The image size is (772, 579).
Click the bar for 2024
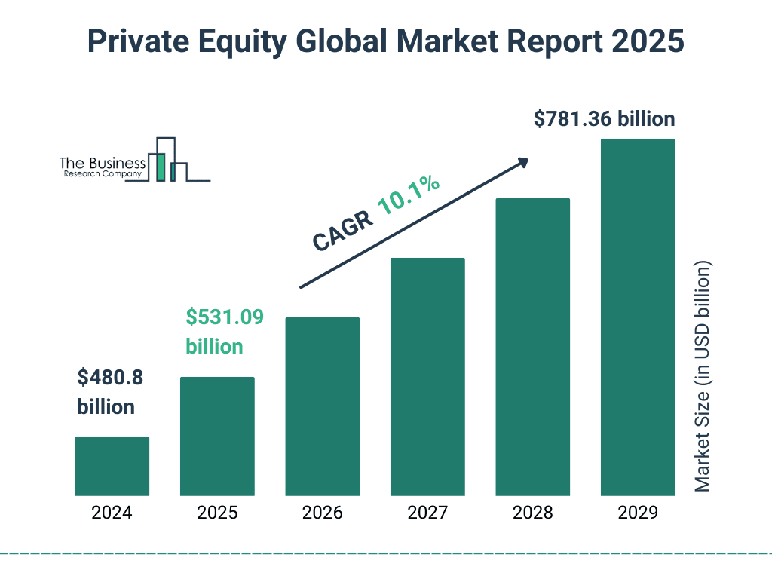pyautogui.click(x=112, y=466)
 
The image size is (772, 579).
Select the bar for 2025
pyautogui.click(x=217, y=436)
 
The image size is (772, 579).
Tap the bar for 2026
pyautogui.click(x=322, y=406)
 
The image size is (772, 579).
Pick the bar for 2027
pyautogui.click(x=427, y=377)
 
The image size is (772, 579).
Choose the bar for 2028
pyautogui.click(x=532, y=347)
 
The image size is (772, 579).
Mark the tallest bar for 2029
pyautogui.click(x=638, y=317)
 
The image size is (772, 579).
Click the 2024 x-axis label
pyautogui.click(x=112, y=513)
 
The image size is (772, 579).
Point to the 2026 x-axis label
pyautogui.click(x=322, y=513)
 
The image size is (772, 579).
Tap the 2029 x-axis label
pyautogui.click(x=638, y=513)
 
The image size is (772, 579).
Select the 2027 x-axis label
pyautogui.click(x=427, y=513)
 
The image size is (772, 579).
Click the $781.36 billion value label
pyautogui.click(x=604, y=119)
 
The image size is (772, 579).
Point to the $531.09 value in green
pyautogui.click(x=225, y=317)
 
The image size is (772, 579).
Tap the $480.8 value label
pyautogui.click(x=110, y=377)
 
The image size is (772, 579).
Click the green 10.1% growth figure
pyautogui.click(x=409, y=195)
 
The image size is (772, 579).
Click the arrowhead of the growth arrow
pyautogui.click(x=522, y=162)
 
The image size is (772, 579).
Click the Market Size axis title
pyautogui.click(x=703, y=377)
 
